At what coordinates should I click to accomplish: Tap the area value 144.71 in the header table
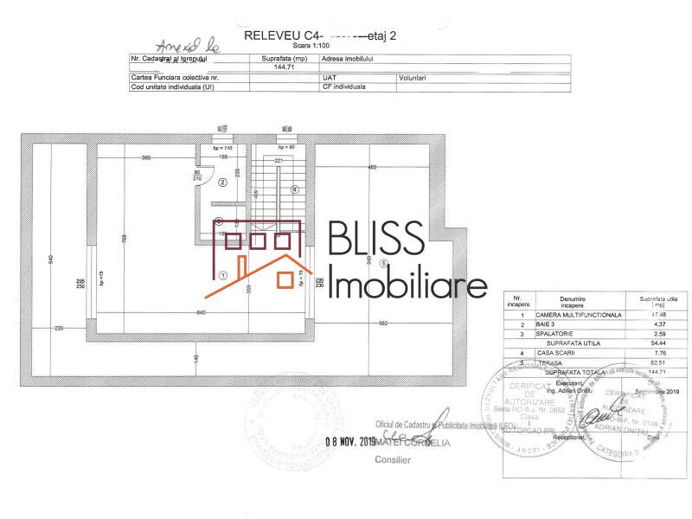tap(285, 67)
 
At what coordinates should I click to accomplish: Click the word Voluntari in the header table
tap(413, 77)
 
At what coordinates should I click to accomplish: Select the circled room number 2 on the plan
tap(222, 183)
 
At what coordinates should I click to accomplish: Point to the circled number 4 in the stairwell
tap(295, 189)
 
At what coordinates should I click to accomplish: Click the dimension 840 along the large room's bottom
tap(201, 311)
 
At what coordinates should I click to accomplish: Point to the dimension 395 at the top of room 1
tap(146, 157)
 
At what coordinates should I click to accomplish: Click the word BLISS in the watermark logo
tap(376, 239)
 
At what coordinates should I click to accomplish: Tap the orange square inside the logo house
tap(284, 279)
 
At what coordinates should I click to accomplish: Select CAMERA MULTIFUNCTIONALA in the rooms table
tap(579, 315)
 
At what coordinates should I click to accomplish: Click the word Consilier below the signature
tap(393, 460)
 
